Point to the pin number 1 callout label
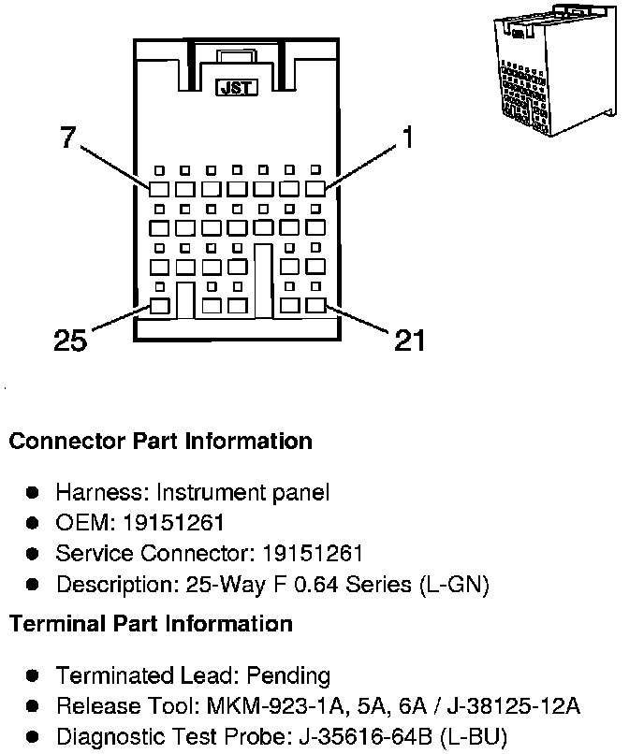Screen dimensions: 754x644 pyautogui.click(x=406, y=138)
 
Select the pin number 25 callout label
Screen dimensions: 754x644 pyautogui.click(x=70, y=341)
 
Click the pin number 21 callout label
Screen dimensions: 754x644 pyautogui.click(x=409, y=341)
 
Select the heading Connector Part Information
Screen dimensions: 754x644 pyautogui.click(x=160, y=441)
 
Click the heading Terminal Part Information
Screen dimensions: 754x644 pyautogui.click(x=151, y=623)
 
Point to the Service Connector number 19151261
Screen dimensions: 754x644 pyautogui.click(x=313, y=553)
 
